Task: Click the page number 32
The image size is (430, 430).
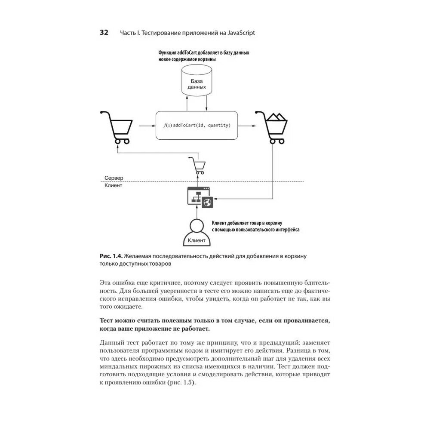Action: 104,33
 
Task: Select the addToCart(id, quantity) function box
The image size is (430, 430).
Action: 197,125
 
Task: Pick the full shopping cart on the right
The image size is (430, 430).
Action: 273,127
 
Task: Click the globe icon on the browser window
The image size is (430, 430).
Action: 207,202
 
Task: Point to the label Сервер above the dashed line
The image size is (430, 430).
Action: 114,178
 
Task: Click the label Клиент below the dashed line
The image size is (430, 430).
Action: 113,186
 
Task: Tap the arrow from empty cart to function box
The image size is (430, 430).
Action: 147,126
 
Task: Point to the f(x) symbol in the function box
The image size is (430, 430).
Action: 168,125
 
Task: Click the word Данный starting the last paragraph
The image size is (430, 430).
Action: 112,342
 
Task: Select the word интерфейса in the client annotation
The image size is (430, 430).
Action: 286,230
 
